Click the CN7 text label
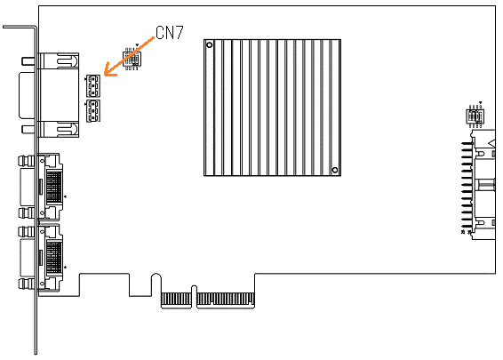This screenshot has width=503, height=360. (x=170, y=32)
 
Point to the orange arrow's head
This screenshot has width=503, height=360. (x=109, y=70)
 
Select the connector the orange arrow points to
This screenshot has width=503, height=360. (x=93, y=86)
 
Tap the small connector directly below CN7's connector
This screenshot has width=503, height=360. (x=93, y=111)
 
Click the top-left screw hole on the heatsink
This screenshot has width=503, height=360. (x=209, y=45)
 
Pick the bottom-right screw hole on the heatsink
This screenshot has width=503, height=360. (x=334, y=170)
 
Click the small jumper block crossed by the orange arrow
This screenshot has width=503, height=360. (x=132, y=58)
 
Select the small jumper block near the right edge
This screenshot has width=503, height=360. (x=475, y=116)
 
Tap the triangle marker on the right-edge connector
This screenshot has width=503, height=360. (x=491, y=142)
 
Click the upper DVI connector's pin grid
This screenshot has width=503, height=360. (x=54, y=188)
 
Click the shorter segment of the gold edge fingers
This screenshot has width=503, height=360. (x=176, y=299)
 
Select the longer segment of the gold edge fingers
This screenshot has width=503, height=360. (x=226, y=299)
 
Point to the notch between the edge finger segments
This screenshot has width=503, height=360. (x=194, y=295)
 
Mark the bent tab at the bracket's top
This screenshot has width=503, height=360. (x=20, y=28)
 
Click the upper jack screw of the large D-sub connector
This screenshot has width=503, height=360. (x=28, y=61)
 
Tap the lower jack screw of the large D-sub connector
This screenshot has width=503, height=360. (x=28, y=129)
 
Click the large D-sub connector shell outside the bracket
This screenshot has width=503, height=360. (x=27, y=95)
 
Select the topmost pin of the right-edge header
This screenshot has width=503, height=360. (x=467, y=143)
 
